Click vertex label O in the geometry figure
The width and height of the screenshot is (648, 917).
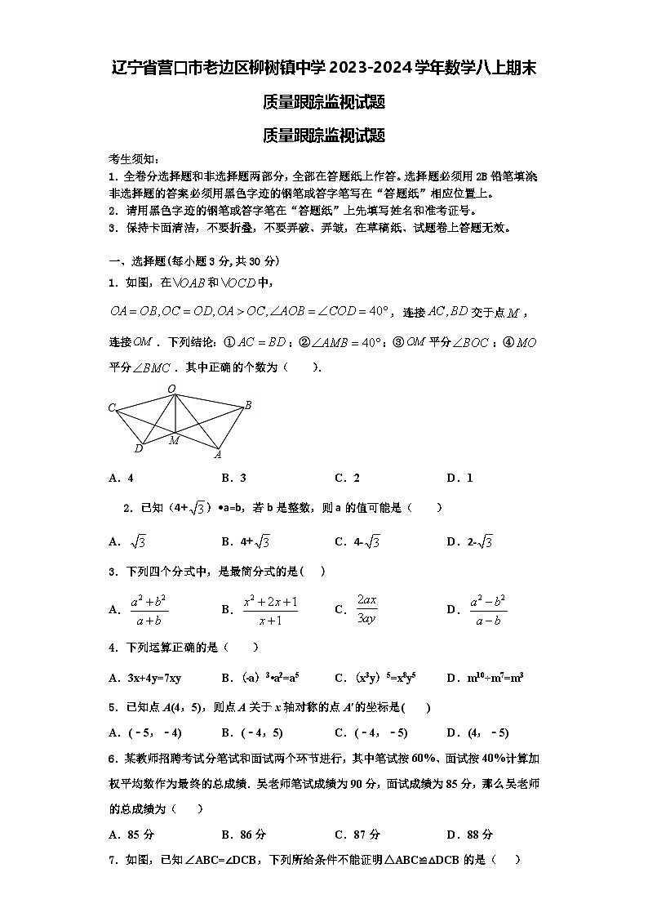coord(171,389)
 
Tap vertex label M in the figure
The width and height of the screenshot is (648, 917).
coord(174,441)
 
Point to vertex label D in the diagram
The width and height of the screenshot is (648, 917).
coord(138,448)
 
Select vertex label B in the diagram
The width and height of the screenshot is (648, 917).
coord(248,405)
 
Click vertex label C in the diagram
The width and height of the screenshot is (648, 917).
coord(112,407)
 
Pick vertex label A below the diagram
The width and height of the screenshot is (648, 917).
coord(218,455)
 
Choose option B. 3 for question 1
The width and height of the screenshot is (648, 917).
coord(233,478)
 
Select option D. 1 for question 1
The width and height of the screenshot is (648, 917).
coord(459,478)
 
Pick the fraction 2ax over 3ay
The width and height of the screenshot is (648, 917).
coord(366,609)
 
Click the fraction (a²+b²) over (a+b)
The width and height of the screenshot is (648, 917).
coord(149,609)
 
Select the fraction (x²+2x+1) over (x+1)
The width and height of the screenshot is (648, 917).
coord(269,609)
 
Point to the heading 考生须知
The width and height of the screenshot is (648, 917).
coord(134,159)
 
